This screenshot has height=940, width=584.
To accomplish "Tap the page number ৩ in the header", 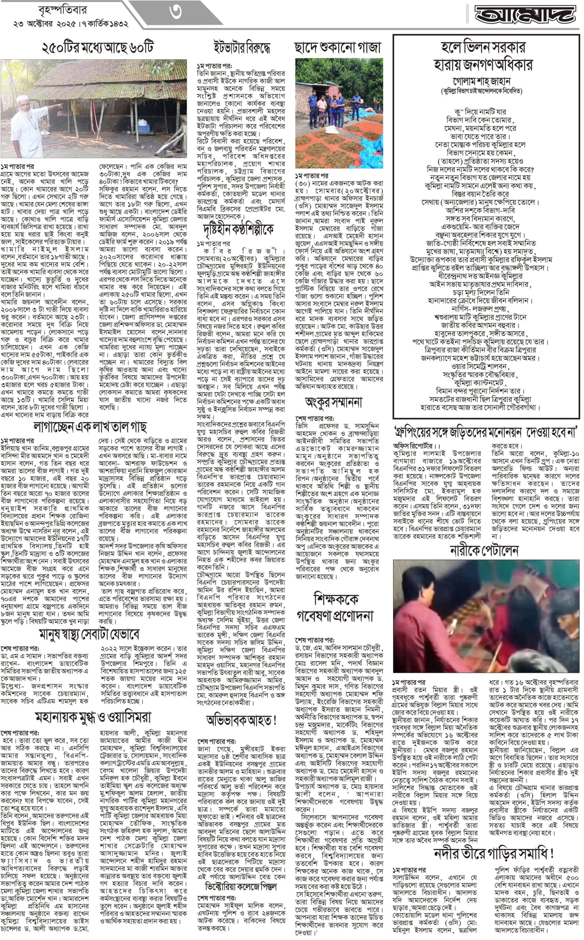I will pyautogui.click(x=176, y=12).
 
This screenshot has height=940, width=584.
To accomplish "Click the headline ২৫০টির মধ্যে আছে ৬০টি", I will pyautogui.click(x=97, y=47).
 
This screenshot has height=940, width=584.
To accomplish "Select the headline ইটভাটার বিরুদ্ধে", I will pyautogui.click(x=242, y=47).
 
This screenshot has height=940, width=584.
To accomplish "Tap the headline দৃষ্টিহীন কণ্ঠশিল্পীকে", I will pyautogui.click(x=238, y=229).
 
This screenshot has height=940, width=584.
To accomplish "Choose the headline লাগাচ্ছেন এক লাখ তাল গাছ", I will pyautogui.click(x=90, y=427).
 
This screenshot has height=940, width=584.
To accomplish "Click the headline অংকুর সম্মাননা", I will pyautogui.click(x=333, y=403).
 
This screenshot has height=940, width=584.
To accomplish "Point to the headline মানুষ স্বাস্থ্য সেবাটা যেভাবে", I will pyautogui.click(x=89, y=634).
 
